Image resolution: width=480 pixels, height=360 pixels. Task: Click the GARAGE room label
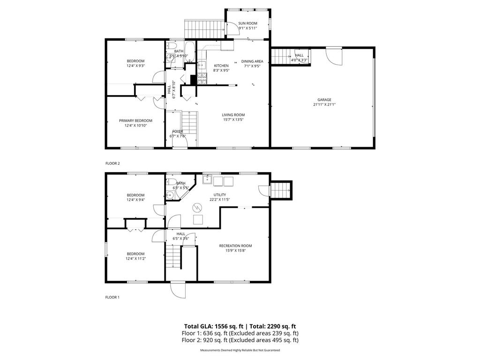(324, 99)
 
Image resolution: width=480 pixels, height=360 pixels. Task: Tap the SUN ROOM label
(247, 23)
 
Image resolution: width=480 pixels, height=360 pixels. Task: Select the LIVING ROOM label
(233, 115)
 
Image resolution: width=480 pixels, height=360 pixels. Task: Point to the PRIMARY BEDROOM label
(135, 120)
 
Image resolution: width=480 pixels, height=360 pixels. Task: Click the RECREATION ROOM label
(235, 246)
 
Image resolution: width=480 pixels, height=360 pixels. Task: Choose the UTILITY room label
(220, 195)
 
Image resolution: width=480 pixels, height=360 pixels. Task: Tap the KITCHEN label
(221, 66)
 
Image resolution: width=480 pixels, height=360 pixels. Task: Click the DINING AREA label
(252, 61)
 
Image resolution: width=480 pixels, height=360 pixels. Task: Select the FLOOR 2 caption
(112, 163)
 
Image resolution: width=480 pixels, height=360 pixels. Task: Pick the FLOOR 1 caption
(112, 297)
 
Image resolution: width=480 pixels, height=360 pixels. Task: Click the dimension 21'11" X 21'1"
(324, 105)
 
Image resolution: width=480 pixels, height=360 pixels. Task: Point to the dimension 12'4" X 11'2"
(135, 259)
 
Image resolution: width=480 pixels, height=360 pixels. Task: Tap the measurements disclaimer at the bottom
(240, 350)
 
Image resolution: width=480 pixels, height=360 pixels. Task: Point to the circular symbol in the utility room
(197, 207)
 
